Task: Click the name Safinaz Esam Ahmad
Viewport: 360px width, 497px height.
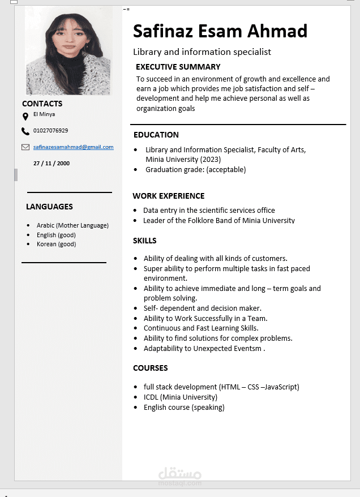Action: pos(220,31)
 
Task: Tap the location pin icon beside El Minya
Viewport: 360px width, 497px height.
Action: pos(25,117)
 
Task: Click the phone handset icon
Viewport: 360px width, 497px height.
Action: pos(25,131)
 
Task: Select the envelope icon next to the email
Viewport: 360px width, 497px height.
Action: pos(25,147)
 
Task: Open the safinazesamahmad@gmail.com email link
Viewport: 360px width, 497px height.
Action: pos(73,147)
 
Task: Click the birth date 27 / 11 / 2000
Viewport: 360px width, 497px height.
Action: pos(52,163)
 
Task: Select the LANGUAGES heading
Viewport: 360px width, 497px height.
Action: pos(49,207)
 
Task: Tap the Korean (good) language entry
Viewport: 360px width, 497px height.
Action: pos(56,244)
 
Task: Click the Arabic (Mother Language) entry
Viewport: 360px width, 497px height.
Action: pos(72,225)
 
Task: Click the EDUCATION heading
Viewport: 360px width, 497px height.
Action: pos(156,135)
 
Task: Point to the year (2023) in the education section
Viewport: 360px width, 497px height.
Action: pos(210,160)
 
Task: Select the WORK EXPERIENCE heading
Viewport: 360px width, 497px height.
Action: pos(169,196)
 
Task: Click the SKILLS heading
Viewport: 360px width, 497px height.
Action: pos(145,241)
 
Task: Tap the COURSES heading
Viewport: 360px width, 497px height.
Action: pos(151,368)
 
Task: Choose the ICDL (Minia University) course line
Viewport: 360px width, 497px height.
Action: pos(180,397)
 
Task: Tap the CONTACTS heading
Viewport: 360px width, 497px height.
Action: pos(42,104)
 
